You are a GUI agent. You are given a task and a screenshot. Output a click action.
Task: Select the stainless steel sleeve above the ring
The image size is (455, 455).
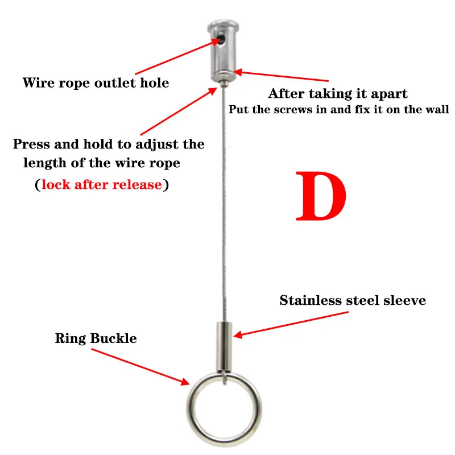224,345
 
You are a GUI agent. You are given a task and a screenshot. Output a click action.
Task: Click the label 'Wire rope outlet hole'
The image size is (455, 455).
96,83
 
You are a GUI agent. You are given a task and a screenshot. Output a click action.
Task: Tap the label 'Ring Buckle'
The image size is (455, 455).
96,338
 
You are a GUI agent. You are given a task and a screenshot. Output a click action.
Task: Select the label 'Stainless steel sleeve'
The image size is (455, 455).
353,300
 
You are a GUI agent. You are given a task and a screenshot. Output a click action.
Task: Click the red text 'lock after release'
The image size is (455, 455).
102,185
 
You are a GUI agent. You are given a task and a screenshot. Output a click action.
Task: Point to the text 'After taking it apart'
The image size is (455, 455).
338,94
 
